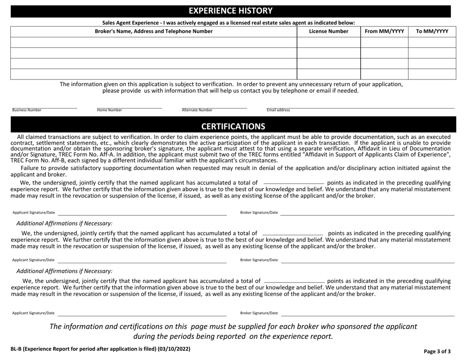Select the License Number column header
328,31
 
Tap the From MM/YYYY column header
384,31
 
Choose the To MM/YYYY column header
432,31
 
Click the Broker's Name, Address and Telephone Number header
154,31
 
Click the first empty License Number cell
328,42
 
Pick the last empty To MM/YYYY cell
432,74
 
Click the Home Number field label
110,111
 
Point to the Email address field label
278,111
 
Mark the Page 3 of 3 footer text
437,352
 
